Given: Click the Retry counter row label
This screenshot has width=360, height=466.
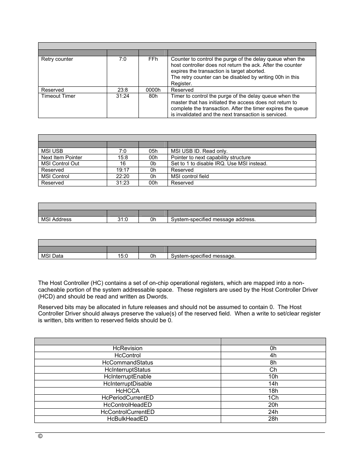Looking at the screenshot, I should [57, 59].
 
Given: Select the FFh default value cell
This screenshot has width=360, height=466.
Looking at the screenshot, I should [153, 59].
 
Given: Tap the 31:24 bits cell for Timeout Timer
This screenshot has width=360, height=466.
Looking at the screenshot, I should [123, 96].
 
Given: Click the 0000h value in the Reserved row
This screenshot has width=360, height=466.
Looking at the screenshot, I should [153, 90].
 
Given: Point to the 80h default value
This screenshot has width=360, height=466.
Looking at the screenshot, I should [153, 96].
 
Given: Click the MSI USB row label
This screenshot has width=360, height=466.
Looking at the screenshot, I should [52, 151].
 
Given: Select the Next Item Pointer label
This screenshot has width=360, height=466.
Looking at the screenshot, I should [62, 157].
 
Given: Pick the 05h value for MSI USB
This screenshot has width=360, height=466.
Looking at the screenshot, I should [153, 151].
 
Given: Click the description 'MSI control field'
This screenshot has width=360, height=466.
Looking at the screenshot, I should [190, 176].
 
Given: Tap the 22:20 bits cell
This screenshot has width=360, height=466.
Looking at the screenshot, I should [123, 176].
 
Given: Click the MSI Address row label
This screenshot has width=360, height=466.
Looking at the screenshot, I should [56, 219].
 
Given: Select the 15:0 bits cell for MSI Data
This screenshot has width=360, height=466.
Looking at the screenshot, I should [123, 256].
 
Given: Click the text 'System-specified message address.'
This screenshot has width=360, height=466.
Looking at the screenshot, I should [213, 219].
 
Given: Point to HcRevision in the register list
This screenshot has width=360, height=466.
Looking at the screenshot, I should [128, 348].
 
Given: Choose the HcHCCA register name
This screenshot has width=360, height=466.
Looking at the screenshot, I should [128, 391].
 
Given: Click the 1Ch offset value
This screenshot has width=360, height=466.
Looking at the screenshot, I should [273, 398].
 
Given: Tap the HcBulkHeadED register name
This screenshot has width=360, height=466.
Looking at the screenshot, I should [128, 419].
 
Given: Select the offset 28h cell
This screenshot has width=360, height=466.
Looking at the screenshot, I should [273, 419].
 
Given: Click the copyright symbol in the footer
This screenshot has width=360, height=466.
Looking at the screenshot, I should [40, 436].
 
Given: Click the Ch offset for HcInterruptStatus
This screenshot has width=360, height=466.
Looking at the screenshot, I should [273, 370].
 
